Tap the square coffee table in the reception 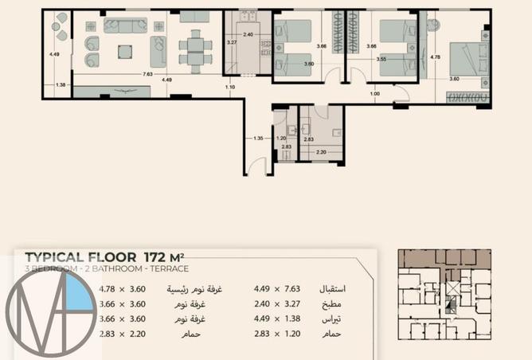coord(125,52)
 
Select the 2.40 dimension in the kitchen coord(248,35)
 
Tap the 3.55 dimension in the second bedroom coord(382,59)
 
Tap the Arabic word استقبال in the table coord(332,288)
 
